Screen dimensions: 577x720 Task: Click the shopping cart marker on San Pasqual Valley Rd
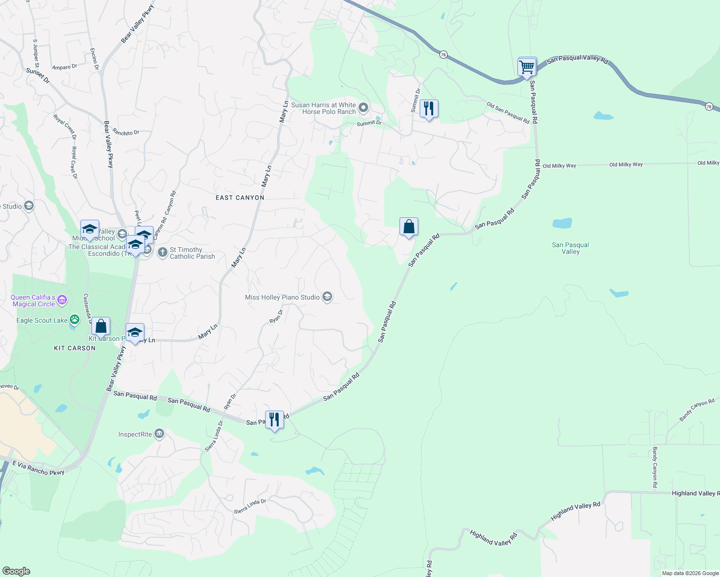[x=527, y=67]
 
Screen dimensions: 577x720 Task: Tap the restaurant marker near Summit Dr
[x=428, y=109]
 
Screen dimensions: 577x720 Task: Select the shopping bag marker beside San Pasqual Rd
[x=409, y=226]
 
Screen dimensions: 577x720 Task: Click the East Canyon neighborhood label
[x=240, y=198]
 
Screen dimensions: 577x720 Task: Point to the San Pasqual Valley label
[x=570, y=248]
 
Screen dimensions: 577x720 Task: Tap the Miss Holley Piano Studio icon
[x=327, y=297]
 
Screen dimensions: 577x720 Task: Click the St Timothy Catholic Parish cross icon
[x=163, y=251]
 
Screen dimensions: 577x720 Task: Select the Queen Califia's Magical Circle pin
[x=62, y=301]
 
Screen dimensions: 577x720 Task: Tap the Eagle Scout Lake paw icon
[x=75, y=319]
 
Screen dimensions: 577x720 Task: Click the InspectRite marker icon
[x=159, y=434]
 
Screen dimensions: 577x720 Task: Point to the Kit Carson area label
[x=75, y=348]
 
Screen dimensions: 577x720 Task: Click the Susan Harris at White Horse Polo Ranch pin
[x=363, y=108]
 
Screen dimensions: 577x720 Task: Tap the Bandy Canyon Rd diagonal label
[x=696, y=410]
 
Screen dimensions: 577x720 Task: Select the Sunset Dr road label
[x=38, y=75]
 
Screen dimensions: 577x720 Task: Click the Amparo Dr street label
[x=64, y=67]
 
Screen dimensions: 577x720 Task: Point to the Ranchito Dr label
[x=126, y=132]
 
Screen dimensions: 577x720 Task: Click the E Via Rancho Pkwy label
[x=38, y=468]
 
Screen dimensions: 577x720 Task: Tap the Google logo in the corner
[x=16, y=571]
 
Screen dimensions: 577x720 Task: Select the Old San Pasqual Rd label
[x=508, y=113]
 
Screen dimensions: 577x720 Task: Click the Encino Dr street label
[x=94, y=59]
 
